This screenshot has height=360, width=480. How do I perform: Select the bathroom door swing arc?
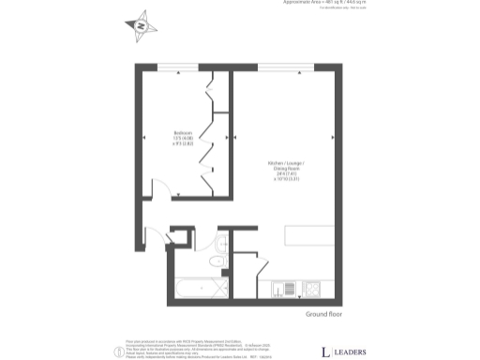click(x=179, y=235)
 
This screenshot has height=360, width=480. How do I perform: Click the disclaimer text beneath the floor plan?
click(x=206, y=349)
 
